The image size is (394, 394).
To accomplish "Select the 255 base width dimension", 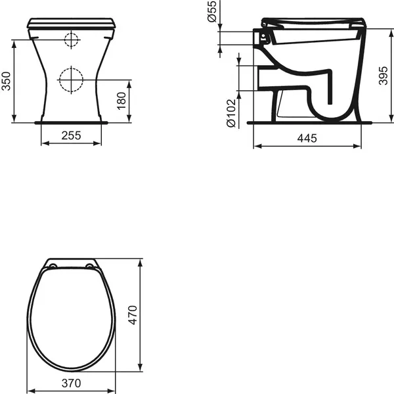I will (x=71, y=135).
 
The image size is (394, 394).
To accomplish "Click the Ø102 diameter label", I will (x=230, y=112).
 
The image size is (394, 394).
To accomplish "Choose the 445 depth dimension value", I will (x=307, y=138).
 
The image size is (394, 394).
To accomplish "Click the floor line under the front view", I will (x=71, y=122).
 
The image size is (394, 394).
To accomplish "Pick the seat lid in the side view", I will (x=312, y=22).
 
